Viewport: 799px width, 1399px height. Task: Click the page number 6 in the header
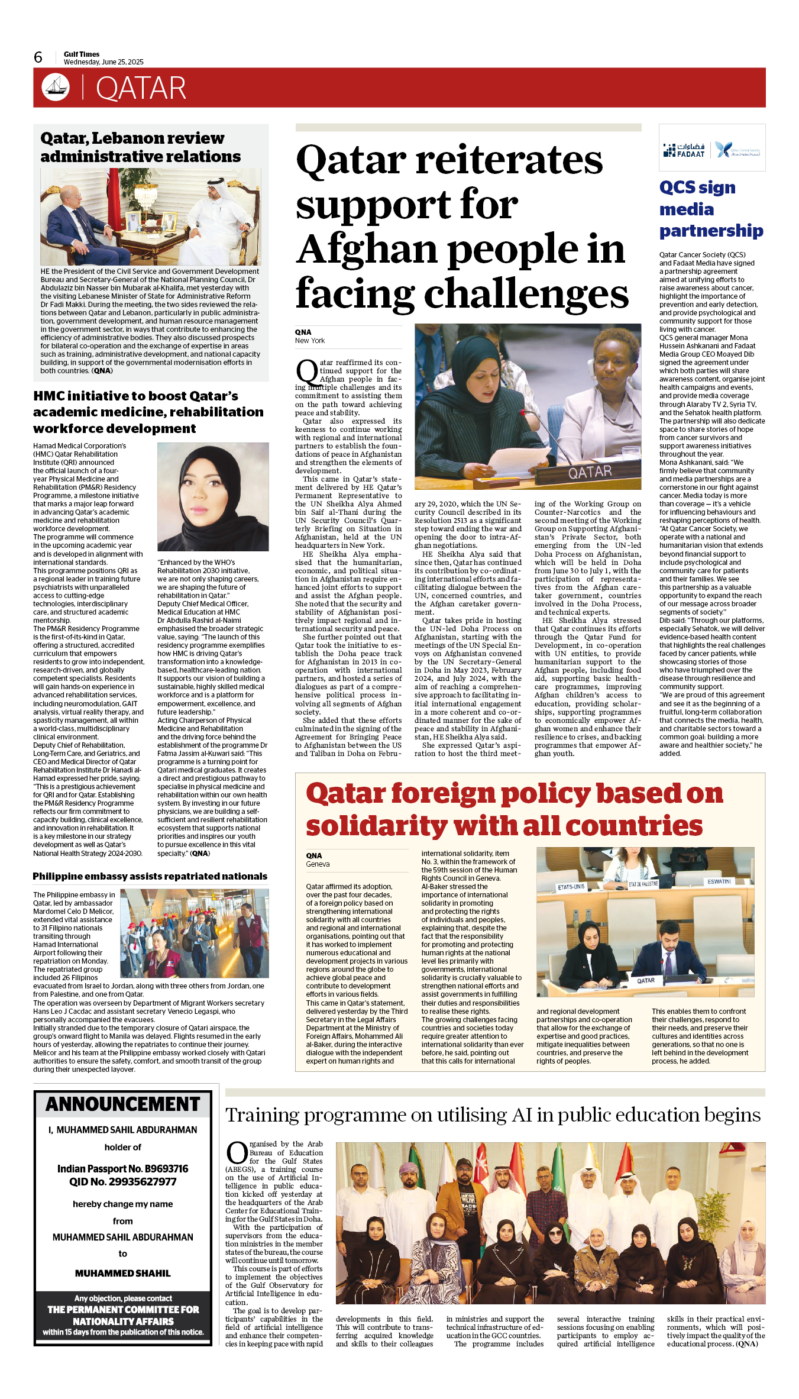[38, 57]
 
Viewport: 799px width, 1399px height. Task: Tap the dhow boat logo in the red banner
[56, 87]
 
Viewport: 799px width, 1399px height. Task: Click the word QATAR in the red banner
[141, 89]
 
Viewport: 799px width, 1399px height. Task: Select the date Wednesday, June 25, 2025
[103, 62]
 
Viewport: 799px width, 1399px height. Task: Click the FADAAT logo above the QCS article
[684, 150]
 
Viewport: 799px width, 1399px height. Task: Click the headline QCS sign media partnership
[711, 209]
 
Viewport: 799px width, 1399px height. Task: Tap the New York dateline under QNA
[310, 341]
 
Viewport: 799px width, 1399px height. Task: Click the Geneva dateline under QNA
[318, 864]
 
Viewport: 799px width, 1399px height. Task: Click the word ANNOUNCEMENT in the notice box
[123, 1104]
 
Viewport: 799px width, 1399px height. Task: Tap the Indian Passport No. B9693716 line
[122, 1169]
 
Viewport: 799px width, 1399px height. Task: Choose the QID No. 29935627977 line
[122, 1182]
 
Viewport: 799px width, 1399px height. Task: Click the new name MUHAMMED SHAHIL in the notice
[122, 1273]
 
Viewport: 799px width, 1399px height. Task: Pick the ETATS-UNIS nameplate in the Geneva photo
[571, 887]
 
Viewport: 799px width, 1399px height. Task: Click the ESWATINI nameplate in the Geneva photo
[719, 881]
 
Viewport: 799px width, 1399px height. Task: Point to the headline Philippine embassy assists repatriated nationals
[150, 876]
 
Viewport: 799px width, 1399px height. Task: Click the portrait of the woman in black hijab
[213, 497]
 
